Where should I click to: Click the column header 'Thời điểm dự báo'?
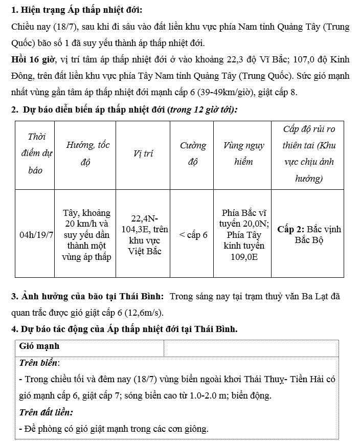[35, 153]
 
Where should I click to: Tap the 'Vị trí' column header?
[143, 153]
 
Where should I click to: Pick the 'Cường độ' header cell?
[193, 153]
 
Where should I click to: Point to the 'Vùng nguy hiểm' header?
[244, 153]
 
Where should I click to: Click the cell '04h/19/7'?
[36, 235]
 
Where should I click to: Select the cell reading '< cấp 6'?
[193, 235]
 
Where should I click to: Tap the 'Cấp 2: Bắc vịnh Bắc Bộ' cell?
[309, 235]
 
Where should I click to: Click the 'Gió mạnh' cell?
[39, 346]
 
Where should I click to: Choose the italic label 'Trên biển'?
[39, 363]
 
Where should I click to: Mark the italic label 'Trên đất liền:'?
[46, 412]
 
